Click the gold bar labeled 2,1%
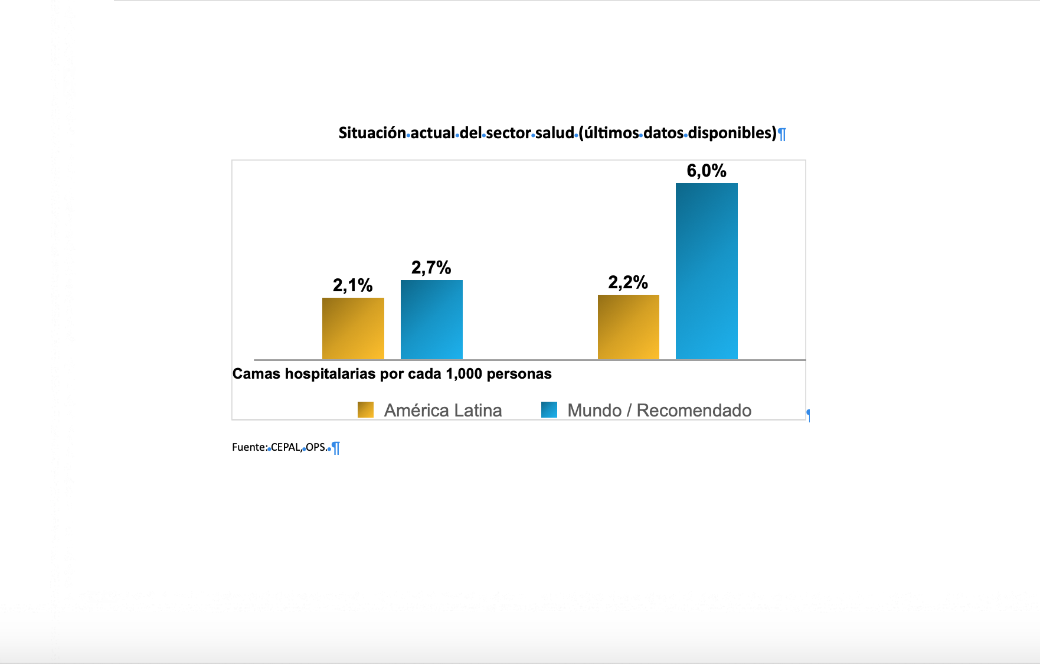(353, 328)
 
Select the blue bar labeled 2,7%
(431, 320)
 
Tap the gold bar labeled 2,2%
(628, 327)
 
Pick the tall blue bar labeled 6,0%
(707, 271)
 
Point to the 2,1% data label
(352, 285)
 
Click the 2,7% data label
(431, 268)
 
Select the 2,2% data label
(628, 282)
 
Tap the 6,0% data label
(707, 171)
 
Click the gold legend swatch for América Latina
(365, 410)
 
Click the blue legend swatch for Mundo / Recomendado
(549, 410)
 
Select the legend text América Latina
(443, 411)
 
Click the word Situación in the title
(372, 133)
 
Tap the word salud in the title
(554, 133)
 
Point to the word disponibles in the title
(732, 133)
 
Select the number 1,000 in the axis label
(464, 374)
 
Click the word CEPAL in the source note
(286, 447)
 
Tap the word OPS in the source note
(316, 447)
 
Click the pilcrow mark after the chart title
(782, 134)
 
